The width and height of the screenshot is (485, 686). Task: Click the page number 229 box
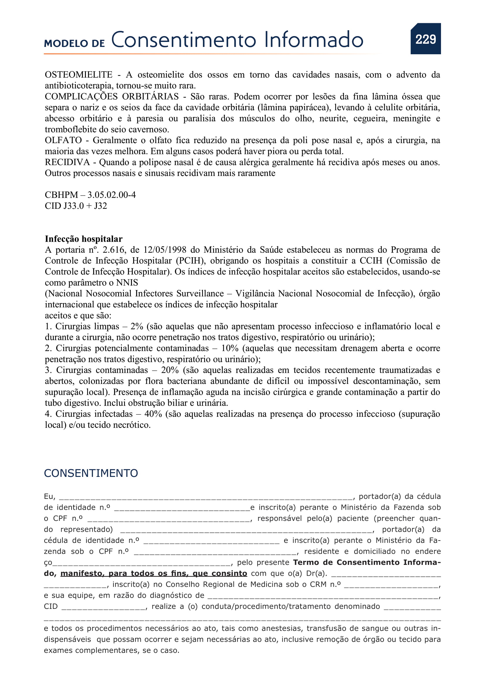pyautogui.click(x=425, y=39)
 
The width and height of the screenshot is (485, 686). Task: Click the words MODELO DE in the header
pyautogui.click(x=74, y=43)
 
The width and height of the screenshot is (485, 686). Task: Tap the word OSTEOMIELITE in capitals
pyautogui.click(x=79, y=75)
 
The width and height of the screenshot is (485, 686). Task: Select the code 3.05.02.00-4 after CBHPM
pyautogui.click(x=111, y=195)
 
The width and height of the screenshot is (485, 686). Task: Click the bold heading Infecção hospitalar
pyautogui.click(x=84, y=239)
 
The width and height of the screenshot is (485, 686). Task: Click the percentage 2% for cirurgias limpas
pyautogui.click(x=137, y=326)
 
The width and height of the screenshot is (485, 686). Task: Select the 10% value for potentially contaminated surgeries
pyautogui.click(x=230, y=348)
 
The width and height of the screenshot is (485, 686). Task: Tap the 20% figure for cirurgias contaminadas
pyautogui.click(x=169, y=370)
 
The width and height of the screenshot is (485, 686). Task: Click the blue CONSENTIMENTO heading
pyautogui.click(x=91, y=473)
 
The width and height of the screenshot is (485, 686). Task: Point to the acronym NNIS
pyautogui.click(x=127, y=283)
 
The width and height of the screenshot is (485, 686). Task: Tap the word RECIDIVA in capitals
pyautogui.click(x=67, y=162)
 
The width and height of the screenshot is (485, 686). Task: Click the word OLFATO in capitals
pyautogui.click(x=63, y=140)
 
